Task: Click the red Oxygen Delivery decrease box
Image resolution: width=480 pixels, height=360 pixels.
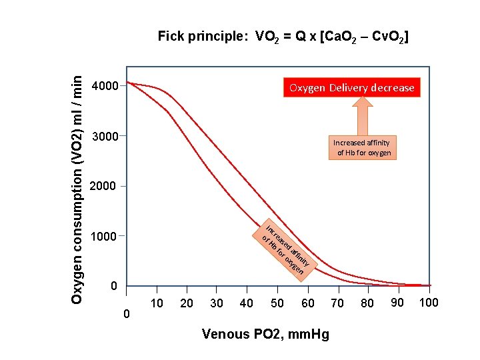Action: coord(351,87)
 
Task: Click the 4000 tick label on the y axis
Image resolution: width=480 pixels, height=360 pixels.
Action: coord(105,86)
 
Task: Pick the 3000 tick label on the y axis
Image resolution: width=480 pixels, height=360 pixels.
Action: coord(105,137)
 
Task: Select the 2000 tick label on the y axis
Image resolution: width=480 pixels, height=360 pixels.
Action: coord(105,186)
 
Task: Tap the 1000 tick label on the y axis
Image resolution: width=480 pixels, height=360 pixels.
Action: coord(105,236)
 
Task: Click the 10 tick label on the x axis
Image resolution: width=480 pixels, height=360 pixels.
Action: coord(157,304)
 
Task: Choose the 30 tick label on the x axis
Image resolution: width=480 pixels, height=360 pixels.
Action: coord(217,304)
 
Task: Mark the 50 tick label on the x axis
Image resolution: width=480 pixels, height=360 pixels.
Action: coord(277,304)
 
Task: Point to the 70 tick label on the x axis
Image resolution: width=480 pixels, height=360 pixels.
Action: coord(337,304)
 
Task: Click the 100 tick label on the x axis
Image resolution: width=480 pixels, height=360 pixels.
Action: coord(428,303)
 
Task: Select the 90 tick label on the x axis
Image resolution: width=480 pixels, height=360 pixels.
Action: coord(398,303)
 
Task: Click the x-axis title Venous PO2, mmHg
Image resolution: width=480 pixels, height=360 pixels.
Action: coord(265,334)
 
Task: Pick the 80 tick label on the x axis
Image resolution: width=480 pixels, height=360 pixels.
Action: coord(367,304)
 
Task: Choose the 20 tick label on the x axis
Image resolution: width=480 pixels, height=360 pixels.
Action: coord(187,304)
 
